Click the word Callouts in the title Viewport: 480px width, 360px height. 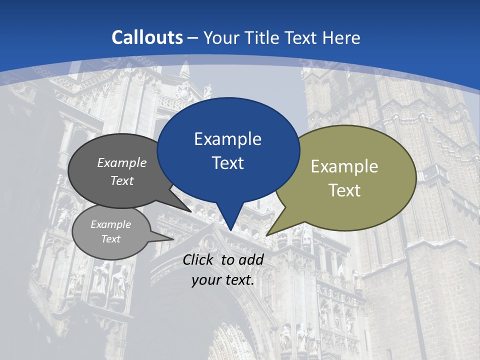tap(147, 37)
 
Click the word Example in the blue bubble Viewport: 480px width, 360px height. tap(227, 139)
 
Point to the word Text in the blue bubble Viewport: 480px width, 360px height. tap(227, 163)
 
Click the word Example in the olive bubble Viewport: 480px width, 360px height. tap(344, 166)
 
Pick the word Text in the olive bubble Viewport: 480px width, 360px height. tap(344, 190)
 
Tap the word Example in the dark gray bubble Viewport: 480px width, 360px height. tap(122, 162)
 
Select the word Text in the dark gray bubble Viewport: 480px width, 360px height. tap(122, 180)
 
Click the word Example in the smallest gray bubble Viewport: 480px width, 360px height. tap(111, 224)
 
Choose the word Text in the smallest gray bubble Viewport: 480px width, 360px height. tap(111, 239)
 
